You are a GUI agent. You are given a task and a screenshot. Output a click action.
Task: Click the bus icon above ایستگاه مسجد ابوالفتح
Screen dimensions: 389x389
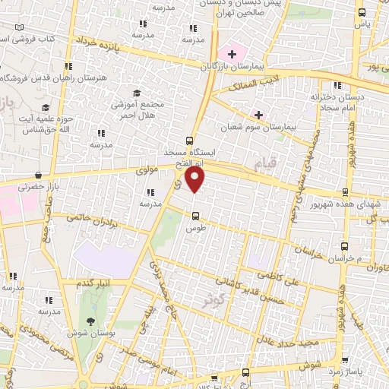click(x=189, y=140)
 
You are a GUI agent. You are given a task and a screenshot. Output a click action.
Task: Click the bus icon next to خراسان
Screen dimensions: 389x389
click(x=346, y=247)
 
